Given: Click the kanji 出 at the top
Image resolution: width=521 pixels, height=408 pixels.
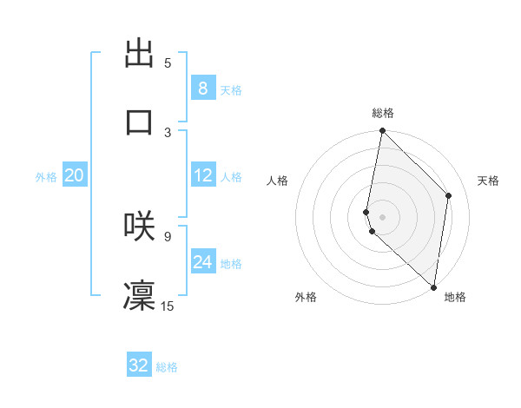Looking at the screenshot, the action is coord(139,54).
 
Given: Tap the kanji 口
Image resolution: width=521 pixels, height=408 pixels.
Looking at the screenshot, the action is coord(139,122).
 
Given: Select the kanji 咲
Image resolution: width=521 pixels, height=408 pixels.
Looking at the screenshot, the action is coord(139,225).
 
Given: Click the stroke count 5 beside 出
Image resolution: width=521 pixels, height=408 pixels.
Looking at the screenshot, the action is coord(168,63).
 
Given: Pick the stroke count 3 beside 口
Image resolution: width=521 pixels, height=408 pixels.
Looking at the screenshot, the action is coord(168,132).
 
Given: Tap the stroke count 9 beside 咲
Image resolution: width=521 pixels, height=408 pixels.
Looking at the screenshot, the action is coord(168,234).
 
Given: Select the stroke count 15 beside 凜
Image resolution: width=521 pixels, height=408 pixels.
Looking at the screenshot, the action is coord(168,305).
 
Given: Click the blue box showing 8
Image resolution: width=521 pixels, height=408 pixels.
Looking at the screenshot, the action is coord(203,88).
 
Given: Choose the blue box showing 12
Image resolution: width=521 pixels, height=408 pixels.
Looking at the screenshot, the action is coord(203,175).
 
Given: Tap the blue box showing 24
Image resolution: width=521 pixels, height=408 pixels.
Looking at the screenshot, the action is coord(203,261).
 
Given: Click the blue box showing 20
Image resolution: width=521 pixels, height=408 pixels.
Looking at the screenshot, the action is coord(75,175).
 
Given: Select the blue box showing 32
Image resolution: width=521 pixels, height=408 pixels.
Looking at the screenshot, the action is coord(139,365).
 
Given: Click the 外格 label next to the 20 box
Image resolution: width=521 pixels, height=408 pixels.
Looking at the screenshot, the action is coord(46,177).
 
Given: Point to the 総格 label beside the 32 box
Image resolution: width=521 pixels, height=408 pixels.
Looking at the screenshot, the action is coord(167,367).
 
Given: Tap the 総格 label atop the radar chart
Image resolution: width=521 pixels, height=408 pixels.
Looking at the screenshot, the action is coord(383,113).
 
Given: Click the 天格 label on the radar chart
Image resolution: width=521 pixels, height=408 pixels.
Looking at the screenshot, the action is coord(488,181).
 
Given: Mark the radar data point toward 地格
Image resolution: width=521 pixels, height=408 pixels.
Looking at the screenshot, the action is coord(433,286).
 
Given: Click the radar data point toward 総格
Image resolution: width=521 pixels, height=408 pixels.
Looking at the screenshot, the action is coord(382,131).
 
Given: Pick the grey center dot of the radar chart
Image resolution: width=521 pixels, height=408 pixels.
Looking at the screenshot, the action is coord(382,216).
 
